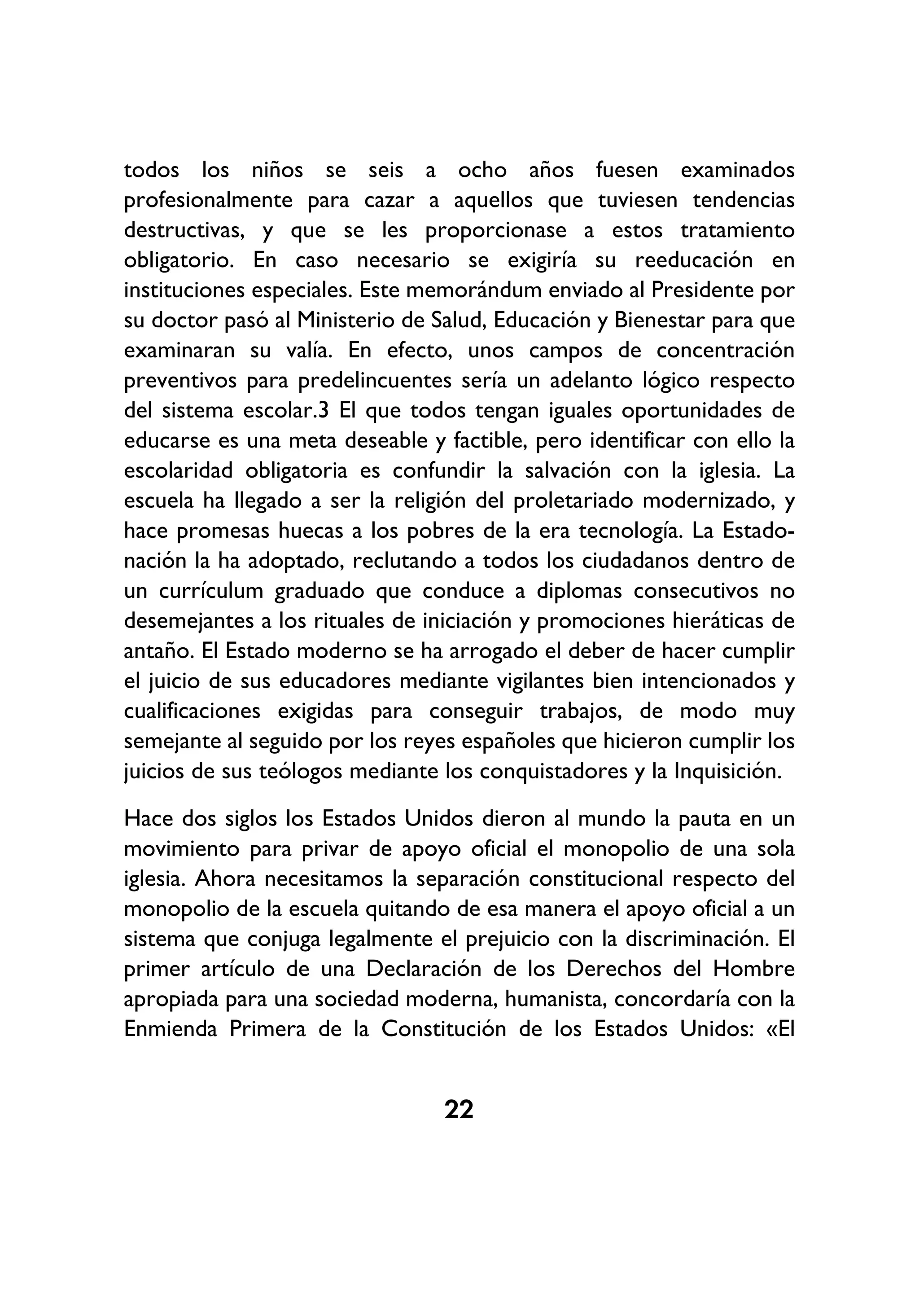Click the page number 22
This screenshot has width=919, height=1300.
click(459, 1109)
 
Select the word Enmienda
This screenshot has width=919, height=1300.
click(171, 1029)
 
